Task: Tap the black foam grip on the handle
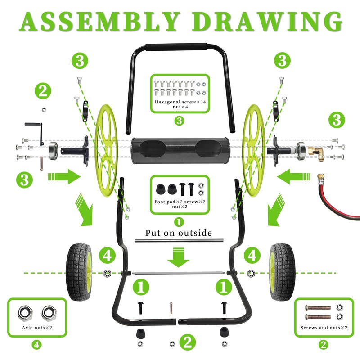176,47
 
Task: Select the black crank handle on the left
35,132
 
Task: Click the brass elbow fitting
316,153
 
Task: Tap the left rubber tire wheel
79,272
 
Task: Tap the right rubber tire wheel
282,272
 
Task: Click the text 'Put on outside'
179,233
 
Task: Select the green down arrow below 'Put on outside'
178,257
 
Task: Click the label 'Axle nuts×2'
37,328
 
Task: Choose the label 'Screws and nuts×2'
324,328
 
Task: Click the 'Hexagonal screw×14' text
180,102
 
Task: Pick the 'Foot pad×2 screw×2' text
180,202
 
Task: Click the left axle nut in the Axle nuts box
25,313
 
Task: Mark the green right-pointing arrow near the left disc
64,177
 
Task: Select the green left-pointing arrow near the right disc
294,177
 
